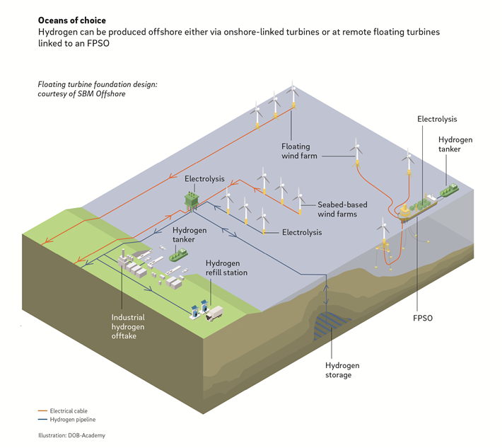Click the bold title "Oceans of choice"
pos(73,21)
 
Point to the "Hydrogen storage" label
pos(342,369)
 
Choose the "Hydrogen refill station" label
pos(226,268)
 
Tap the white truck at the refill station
pos(214,313)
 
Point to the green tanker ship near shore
pos(182,253)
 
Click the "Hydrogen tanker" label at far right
pos(455,145)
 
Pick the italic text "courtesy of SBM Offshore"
pos(82,94)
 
